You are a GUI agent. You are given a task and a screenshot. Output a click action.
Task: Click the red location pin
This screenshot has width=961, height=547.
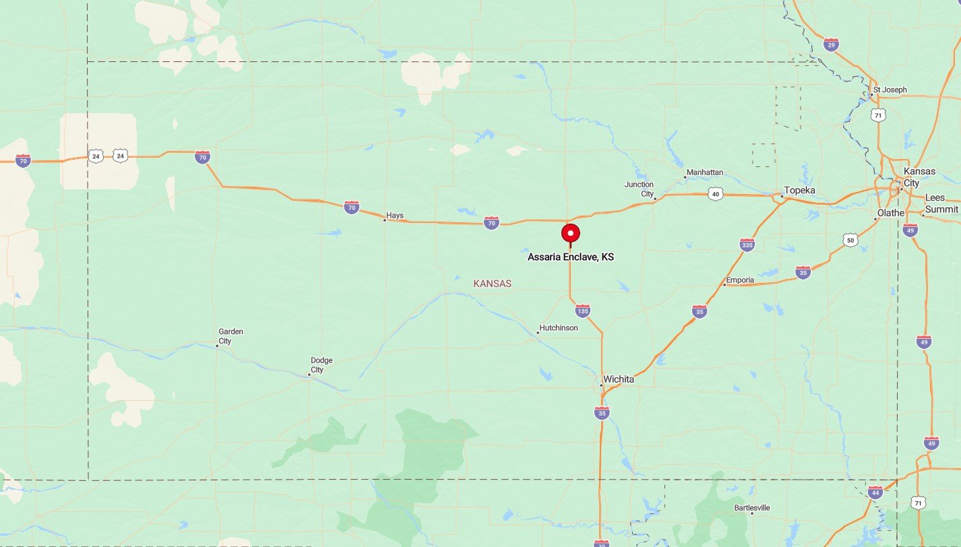coord(571,234)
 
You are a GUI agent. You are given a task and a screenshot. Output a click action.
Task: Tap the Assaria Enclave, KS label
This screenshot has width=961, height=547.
coord(571,257)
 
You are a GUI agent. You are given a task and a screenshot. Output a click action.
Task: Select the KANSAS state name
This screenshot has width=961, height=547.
coord(492,284)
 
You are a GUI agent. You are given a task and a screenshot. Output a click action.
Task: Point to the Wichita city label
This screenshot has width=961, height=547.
coord(619,379)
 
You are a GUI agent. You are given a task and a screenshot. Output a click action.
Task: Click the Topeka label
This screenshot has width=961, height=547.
coord(799,191)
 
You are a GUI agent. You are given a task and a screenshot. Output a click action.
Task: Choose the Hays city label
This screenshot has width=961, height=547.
coord(395,216)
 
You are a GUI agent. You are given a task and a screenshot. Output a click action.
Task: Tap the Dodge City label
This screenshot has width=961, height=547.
coord(321,365)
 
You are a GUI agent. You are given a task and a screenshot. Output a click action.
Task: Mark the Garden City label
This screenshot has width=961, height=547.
coord(230,336)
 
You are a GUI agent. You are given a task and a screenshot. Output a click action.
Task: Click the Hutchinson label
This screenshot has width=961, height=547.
coord(559,328)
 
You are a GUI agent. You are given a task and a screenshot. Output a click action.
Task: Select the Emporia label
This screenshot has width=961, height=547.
coord(740,280)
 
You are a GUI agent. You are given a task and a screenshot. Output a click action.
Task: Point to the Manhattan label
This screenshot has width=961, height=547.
coord(705,172)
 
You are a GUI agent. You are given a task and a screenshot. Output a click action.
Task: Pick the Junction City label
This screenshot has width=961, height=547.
coord(639,189)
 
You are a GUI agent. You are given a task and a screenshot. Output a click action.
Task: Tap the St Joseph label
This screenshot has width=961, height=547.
coord(890,90)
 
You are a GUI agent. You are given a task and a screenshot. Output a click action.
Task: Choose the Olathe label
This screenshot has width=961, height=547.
coord(890,213)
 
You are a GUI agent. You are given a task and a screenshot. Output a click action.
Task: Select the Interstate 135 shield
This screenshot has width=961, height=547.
coord(583,311)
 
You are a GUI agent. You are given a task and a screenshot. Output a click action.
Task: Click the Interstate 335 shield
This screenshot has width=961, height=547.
coord(747,244)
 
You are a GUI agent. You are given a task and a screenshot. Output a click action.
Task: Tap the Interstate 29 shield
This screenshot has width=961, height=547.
coord(832,45)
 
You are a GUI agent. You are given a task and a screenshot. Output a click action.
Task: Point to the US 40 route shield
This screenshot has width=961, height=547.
coord(716,195)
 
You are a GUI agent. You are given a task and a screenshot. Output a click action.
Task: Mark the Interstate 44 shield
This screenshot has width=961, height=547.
coord(875,492)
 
